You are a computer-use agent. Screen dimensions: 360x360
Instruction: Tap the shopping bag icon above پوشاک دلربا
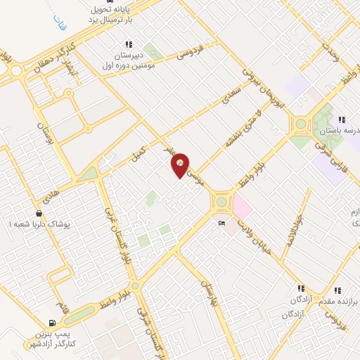coord(39,212)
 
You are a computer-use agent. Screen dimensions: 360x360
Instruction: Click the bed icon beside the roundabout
coord(222,224)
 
